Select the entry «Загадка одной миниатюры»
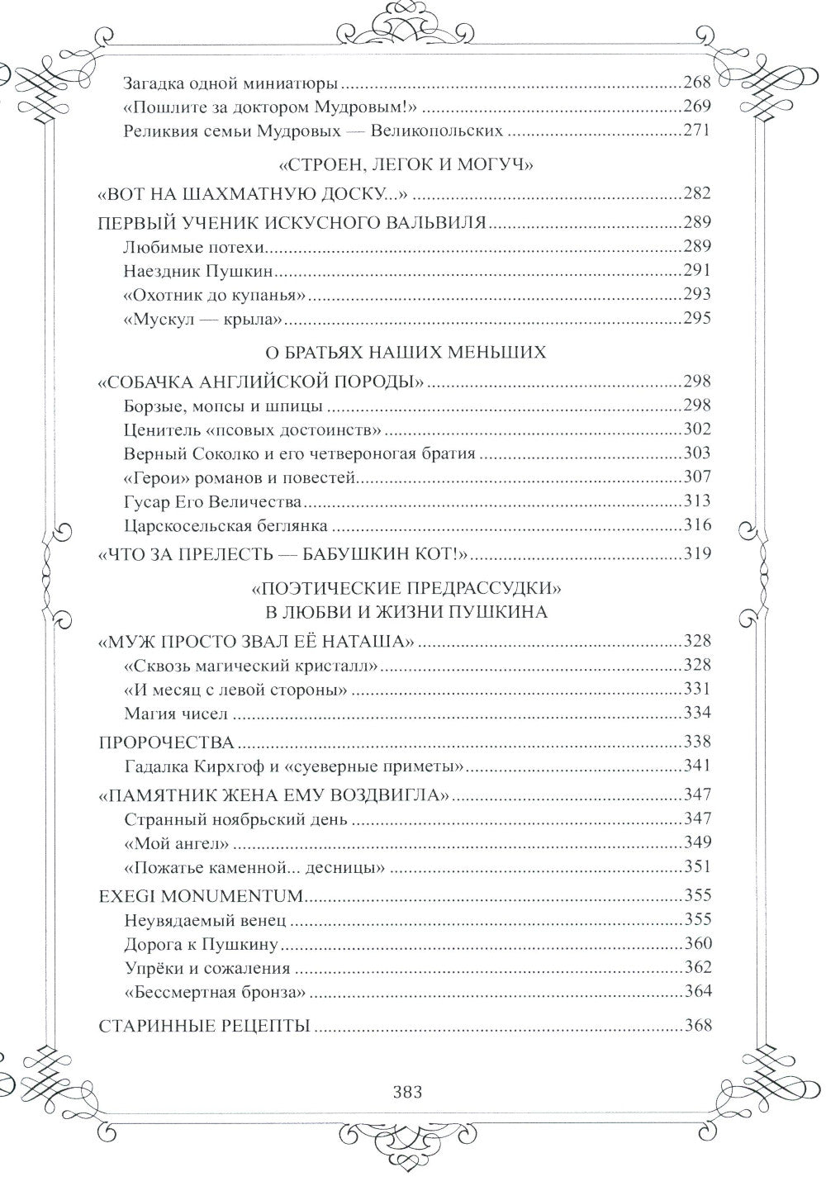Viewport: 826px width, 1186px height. (231, 83)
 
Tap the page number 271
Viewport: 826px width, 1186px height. (695, 130)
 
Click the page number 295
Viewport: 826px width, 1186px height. (695, 318)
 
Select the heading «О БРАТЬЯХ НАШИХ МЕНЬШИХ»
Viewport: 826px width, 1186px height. (405, 353)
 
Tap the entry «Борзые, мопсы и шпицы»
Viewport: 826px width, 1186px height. (222, 406)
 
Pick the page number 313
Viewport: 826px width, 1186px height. (695, 501)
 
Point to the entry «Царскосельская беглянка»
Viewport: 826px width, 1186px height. (225, 525)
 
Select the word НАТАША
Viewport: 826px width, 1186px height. (368, 641)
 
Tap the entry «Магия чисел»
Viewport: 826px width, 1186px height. (175, 713)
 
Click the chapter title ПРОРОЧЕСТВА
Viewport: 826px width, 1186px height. (166, 742)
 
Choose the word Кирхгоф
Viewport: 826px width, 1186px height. (230, 766)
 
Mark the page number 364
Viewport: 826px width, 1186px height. (695, 992)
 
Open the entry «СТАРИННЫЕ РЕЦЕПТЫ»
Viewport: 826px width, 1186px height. (204, 1027)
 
